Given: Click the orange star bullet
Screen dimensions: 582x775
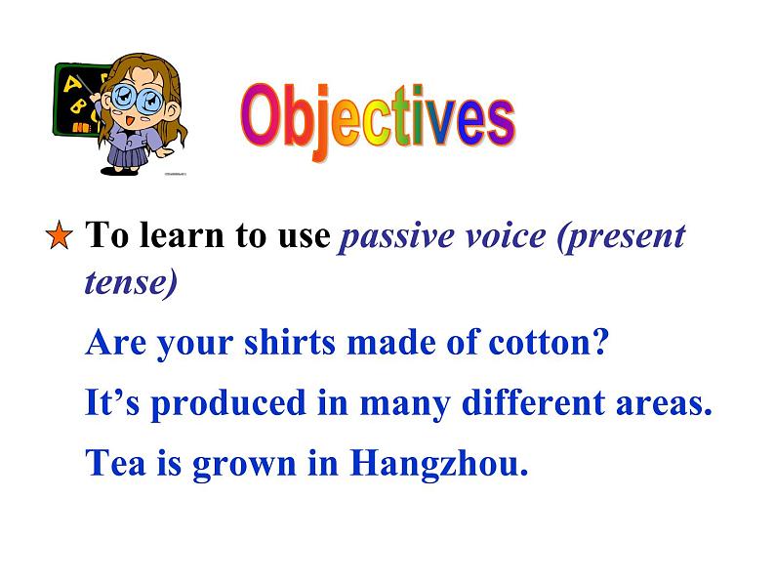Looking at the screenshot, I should (60, 236).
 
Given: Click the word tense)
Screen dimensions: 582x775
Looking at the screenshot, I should (131, 282).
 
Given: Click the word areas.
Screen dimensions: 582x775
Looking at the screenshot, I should (664, 402).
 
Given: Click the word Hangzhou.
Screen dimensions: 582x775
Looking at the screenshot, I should (438, 463).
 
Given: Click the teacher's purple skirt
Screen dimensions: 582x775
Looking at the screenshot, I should (126, 151).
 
